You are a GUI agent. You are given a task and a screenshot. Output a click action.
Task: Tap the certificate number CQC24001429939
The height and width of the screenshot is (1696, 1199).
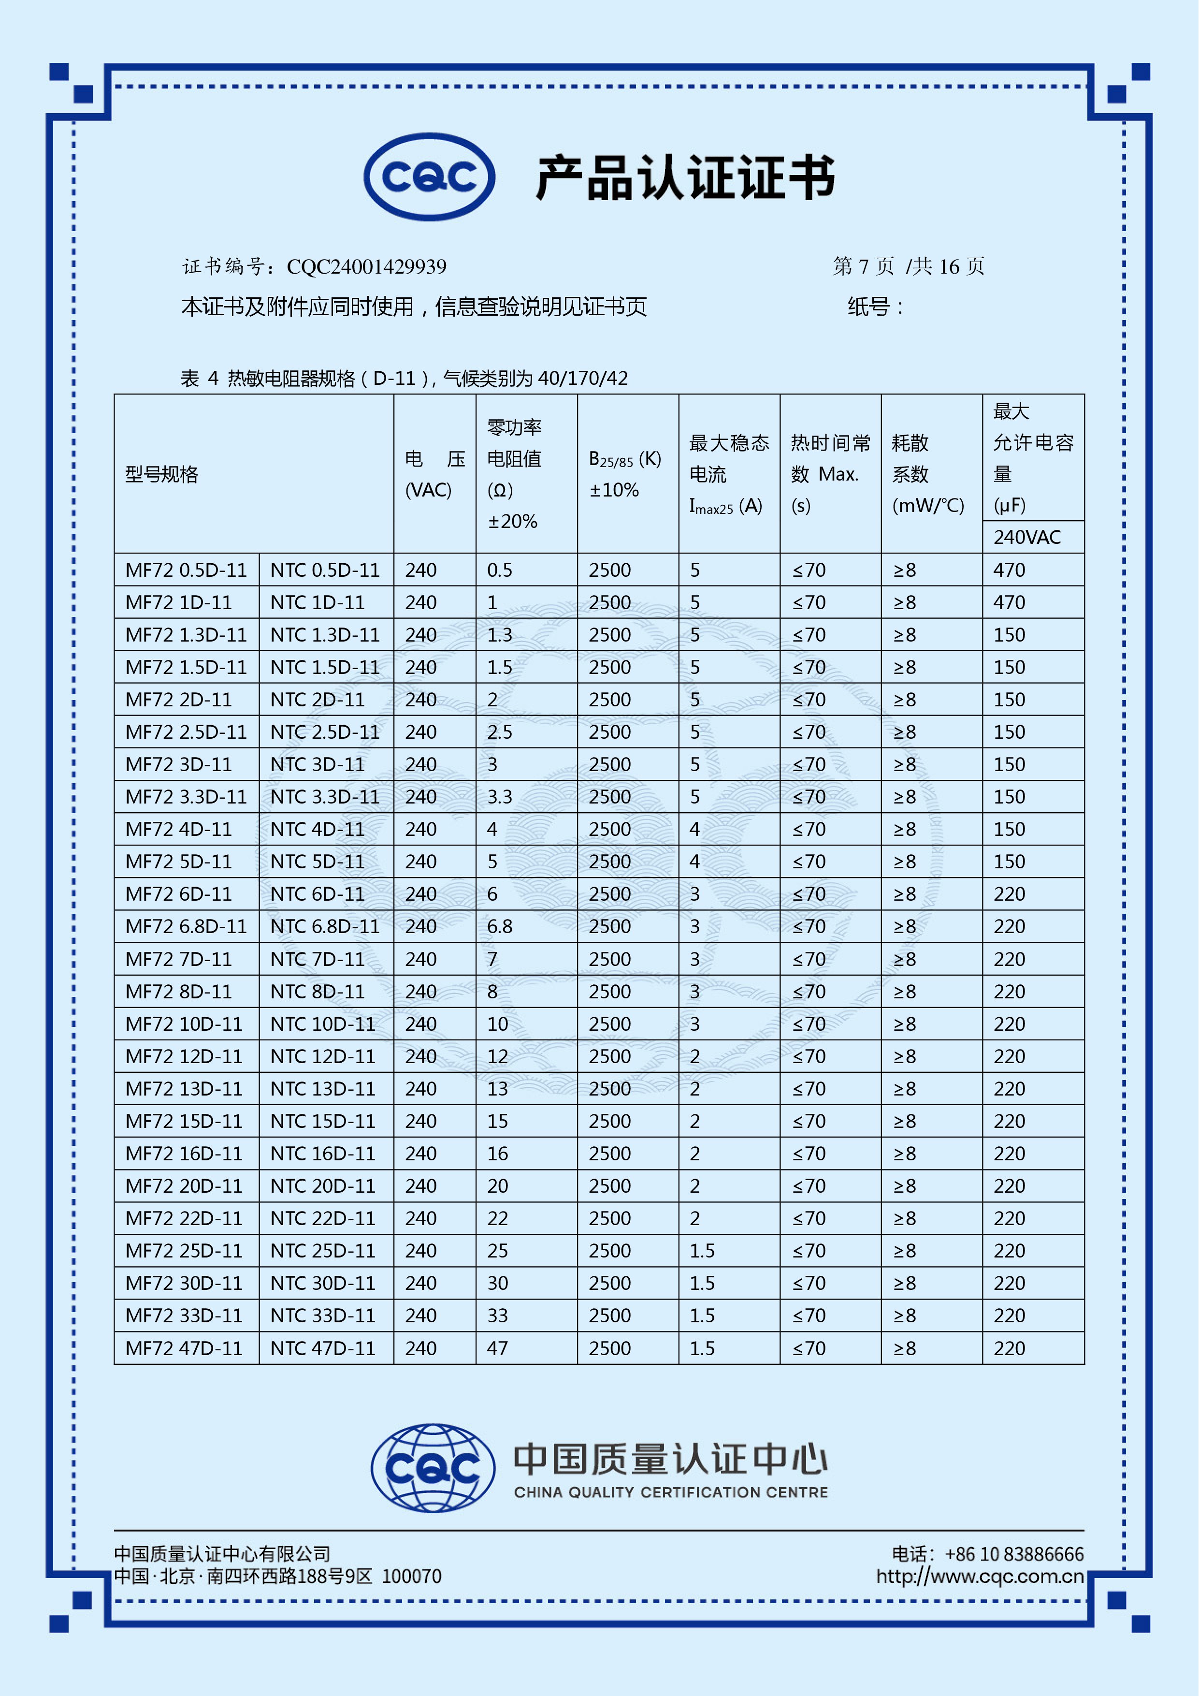coord(366,267)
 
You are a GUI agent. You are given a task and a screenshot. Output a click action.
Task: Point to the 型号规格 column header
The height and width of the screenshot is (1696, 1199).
coord(162,474)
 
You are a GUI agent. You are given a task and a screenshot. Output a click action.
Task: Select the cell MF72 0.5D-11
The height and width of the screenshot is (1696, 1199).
coord(186,570)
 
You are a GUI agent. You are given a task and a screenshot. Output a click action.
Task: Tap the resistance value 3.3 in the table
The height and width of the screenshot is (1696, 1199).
coord(500,797)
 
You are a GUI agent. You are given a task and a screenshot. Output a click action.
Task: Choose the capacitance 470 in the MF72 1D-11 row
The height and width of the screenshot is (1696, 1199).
coord(1009,603)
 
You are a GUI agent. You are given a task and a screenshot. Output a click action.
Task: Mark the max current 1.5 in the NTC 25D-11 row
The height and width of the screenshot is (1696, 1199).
coord(702,1251)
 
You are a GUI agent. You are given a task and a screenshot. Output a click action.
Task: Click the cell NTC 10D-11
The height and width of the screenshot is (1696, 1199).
coord(323,1024)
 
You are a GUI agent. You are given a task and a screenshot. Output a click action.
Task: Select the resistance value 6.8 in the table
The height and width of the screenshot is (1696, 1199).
coord(500,926)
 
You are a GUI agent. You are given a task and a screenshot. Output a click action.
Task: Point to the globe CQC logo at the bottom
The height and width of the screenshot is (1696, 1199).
coord(433,1468)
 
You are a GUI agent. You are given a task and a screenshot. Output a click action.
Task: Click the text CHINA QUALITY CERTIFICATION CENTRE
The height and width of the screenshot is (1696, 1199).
coord(671,1492)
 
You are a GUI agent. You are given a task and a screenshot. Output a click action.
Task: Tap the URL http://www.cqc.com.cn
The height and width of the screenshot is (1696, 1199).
coord(980,1576)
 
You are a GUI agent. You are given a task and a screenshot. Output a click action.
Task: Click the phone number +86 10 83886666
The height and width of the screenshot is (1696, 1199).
coord(1014,1554)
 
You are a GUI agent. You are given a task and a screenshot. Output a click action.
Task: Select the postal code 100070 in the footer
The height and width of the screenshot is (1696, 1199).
coord(411,1576)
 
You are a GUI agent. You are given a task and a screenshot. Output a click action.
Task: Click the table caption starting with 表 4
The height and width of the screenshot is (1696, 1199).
coord(404,378)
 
